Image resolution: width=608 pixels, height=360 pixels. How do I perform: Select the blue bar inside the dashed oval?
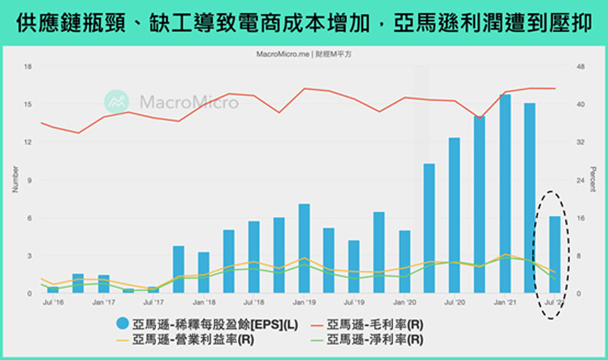tap(555, 254)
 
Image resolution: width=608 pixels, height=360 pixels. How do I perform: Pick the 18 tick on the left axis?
tap(28, 67)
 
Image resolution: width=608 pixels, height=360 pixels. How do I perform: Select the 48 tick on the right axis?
tap(580, 67)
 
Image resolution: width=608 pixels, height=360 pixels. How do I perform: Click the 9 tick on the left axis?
tap(28, 180)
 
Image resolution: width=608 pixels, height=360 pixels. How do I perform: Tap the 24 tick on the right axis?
tap(580, 180)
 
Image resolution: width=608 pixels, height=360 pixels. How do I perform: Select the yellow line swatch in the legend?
tap(122, 339)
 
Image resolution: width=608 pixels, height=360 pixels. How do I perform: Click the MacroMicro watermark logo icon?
tap(117, 101)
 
